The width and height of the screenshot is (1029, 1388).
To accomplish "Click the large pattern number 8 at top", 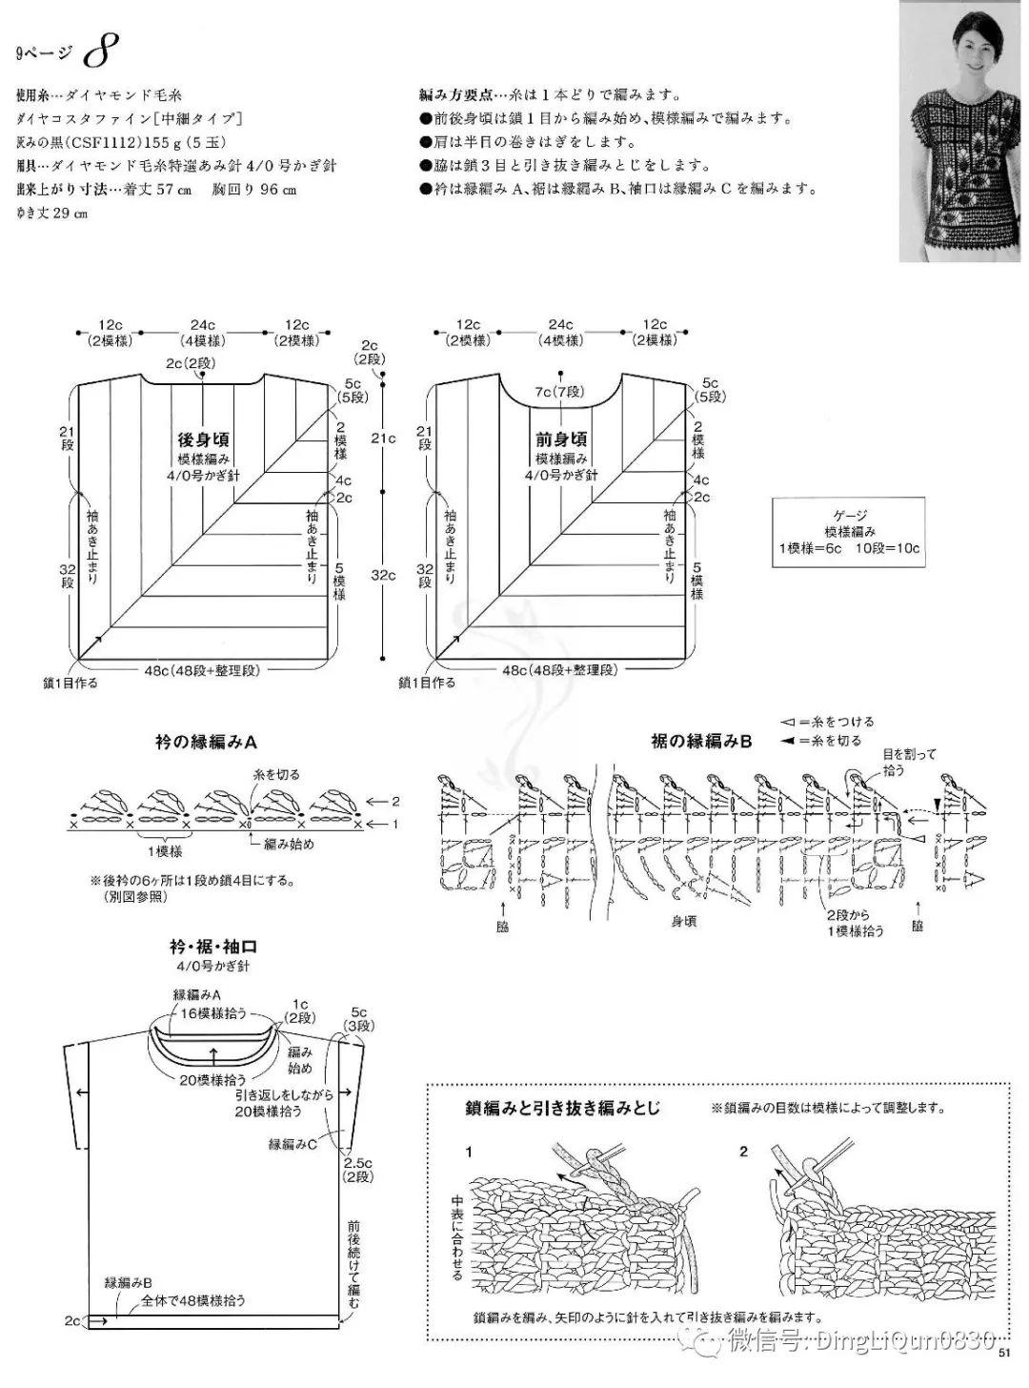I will click(x=98, y=52).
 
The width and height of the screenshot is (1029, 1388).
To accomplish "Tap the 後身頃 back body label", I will click(x=204, y=440).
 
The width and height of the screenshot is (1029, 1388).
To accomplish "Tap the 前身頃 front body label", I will click(x=561, y=440).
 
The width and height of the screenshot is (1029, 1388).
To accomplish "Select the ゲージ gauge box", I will click(x=849, y=532).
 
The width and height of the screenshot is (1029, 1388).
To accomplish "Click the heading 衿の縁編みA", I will click(x=207, y=742).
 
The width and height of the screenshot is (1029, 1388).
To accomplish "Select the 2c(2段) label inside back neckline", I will click(x=187, y=364).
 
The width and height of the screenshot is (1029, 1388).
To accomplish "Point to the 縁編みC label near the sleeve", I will click(x=292, y=1143).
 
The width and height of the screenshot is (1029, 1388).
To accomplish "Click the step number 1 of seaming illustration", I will click(x=468, y=1153).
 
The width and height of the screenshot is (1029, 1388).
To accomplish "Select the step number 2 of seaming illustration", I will click(x=744, y=1153).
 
